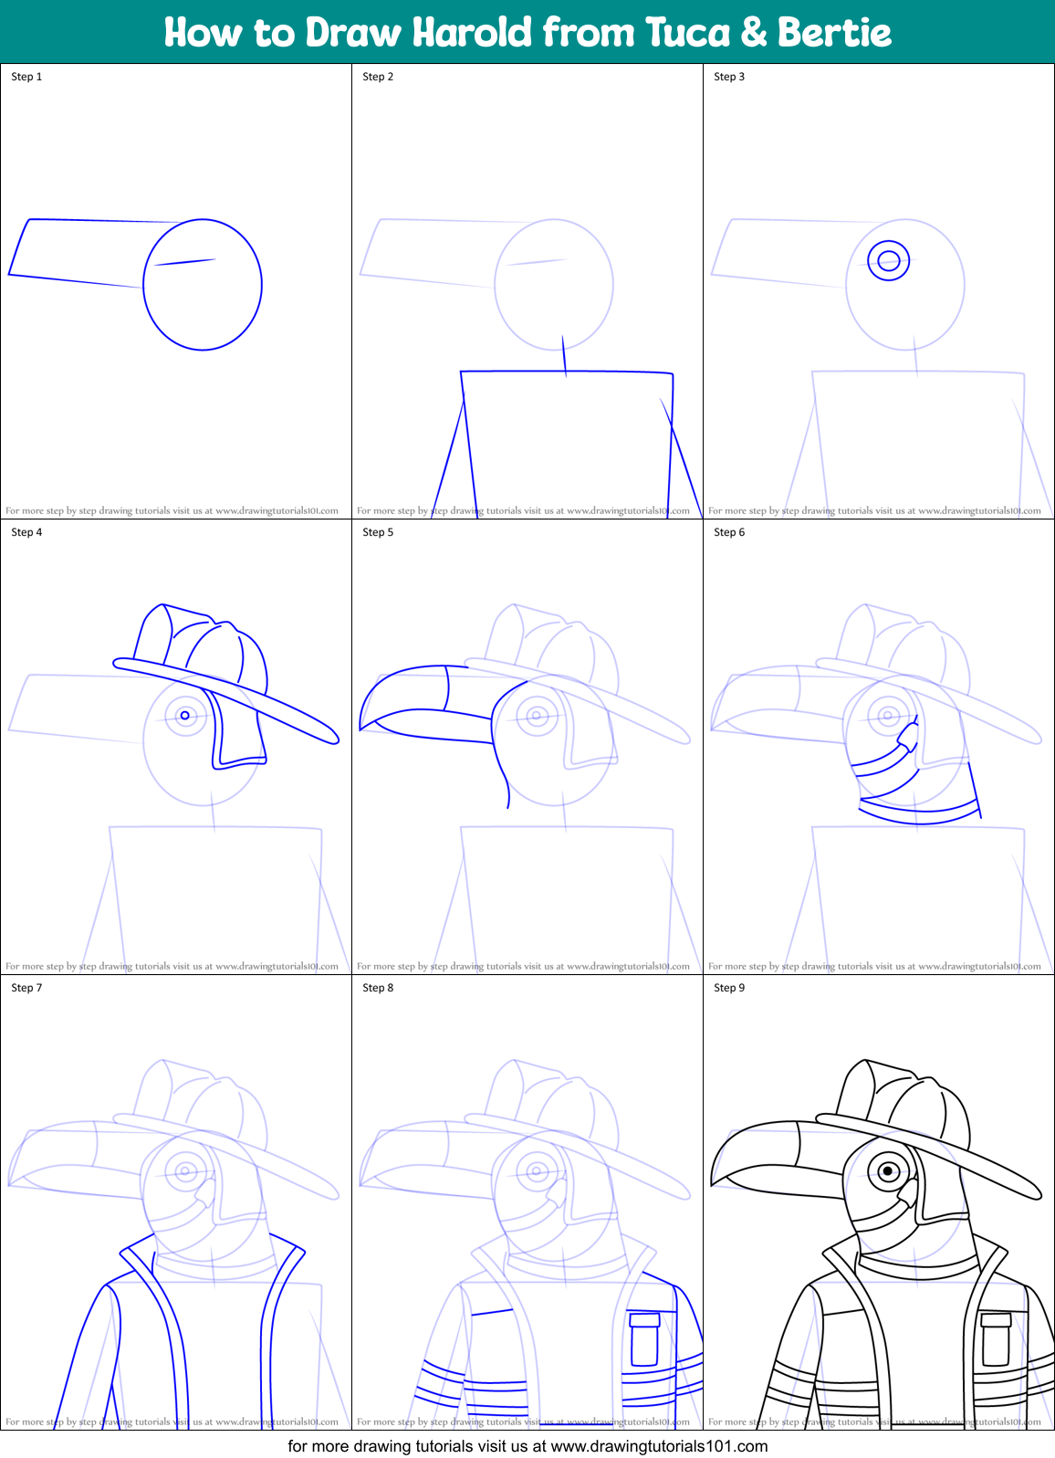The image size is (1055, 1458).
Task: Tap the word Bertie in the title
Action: coord(834,32)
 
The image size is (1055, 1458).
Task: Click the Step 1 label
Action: coord(26,77)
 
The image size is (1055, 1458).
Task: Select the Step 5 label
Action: coord(378,532)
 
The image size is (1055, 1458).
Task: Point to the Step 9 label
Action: coord(729,988)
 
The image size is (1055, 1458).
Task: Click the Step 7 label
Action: coord(26,988)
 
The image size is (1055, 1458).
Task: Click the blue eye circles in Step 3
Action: coord(888,261)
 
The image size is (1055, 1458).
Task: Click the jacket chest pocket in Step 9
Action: coord(996,1338)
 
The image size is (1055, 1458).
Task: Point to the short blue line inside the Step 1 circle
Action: coord(185,262)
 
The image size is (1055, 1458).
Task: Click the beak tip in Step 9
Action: coord(714,1183)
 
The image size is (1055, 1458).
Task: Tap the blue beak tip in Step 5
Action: coord(362,727)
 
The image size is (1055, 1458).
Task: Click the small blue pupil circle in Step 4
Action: coord(185,716)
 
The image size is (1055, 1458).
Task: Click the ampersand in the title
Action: coord(753,32)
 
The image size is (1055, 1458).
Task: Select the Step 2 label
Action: coord(378,77)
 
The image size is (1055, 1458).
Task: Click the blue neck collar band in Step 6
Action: coord(919,813)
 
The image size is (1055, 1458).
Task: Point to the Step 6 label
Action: coord(729,532)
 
